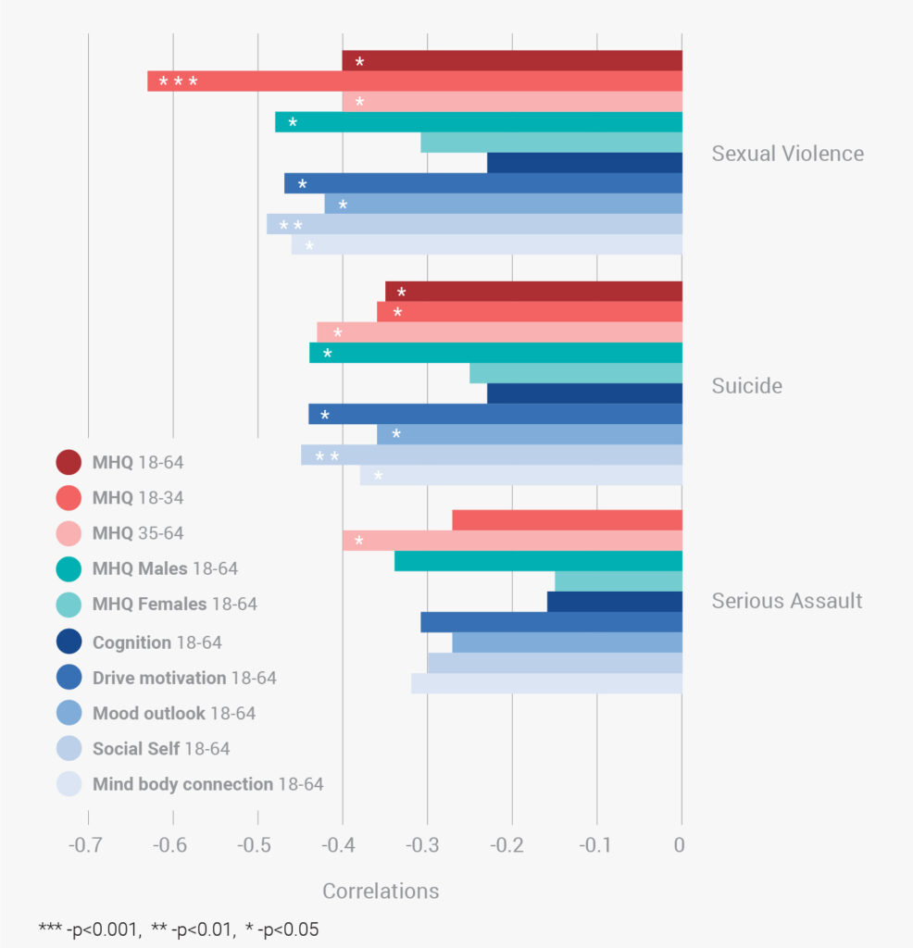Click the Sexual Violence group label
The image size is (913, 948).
click(787, 154)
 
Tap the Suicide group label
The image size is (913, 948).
click(746, 386)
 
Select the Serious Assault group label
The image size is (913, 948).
click(786, 601)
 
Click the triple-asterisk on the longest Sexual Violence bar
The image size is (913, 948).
click(178, 82)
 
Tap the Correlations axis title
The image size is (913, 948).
click(380, 892)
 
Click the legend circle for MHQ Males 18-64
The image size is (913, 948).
click(69, 568)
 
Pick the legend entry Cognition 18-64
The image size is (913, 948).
click(156, 642)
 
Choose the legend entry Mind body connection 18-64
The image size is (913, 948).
click(207, 784)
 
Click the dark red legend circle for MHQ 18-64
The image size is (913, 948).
click(69, 461)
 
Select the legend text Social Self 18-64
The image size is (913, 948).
click(160, 749)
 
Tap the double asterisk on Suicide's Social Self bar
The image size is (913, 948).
click(327, 456)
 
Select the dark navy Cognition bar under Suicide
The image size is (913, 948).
click(583, 393)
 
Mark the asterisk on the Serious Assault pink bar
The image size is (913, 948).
click(358, 542)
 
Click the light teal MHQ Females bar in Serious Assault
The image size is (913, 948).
click(618, 581)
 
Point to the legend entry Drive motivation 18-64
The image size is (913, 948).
click(183, 678)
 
